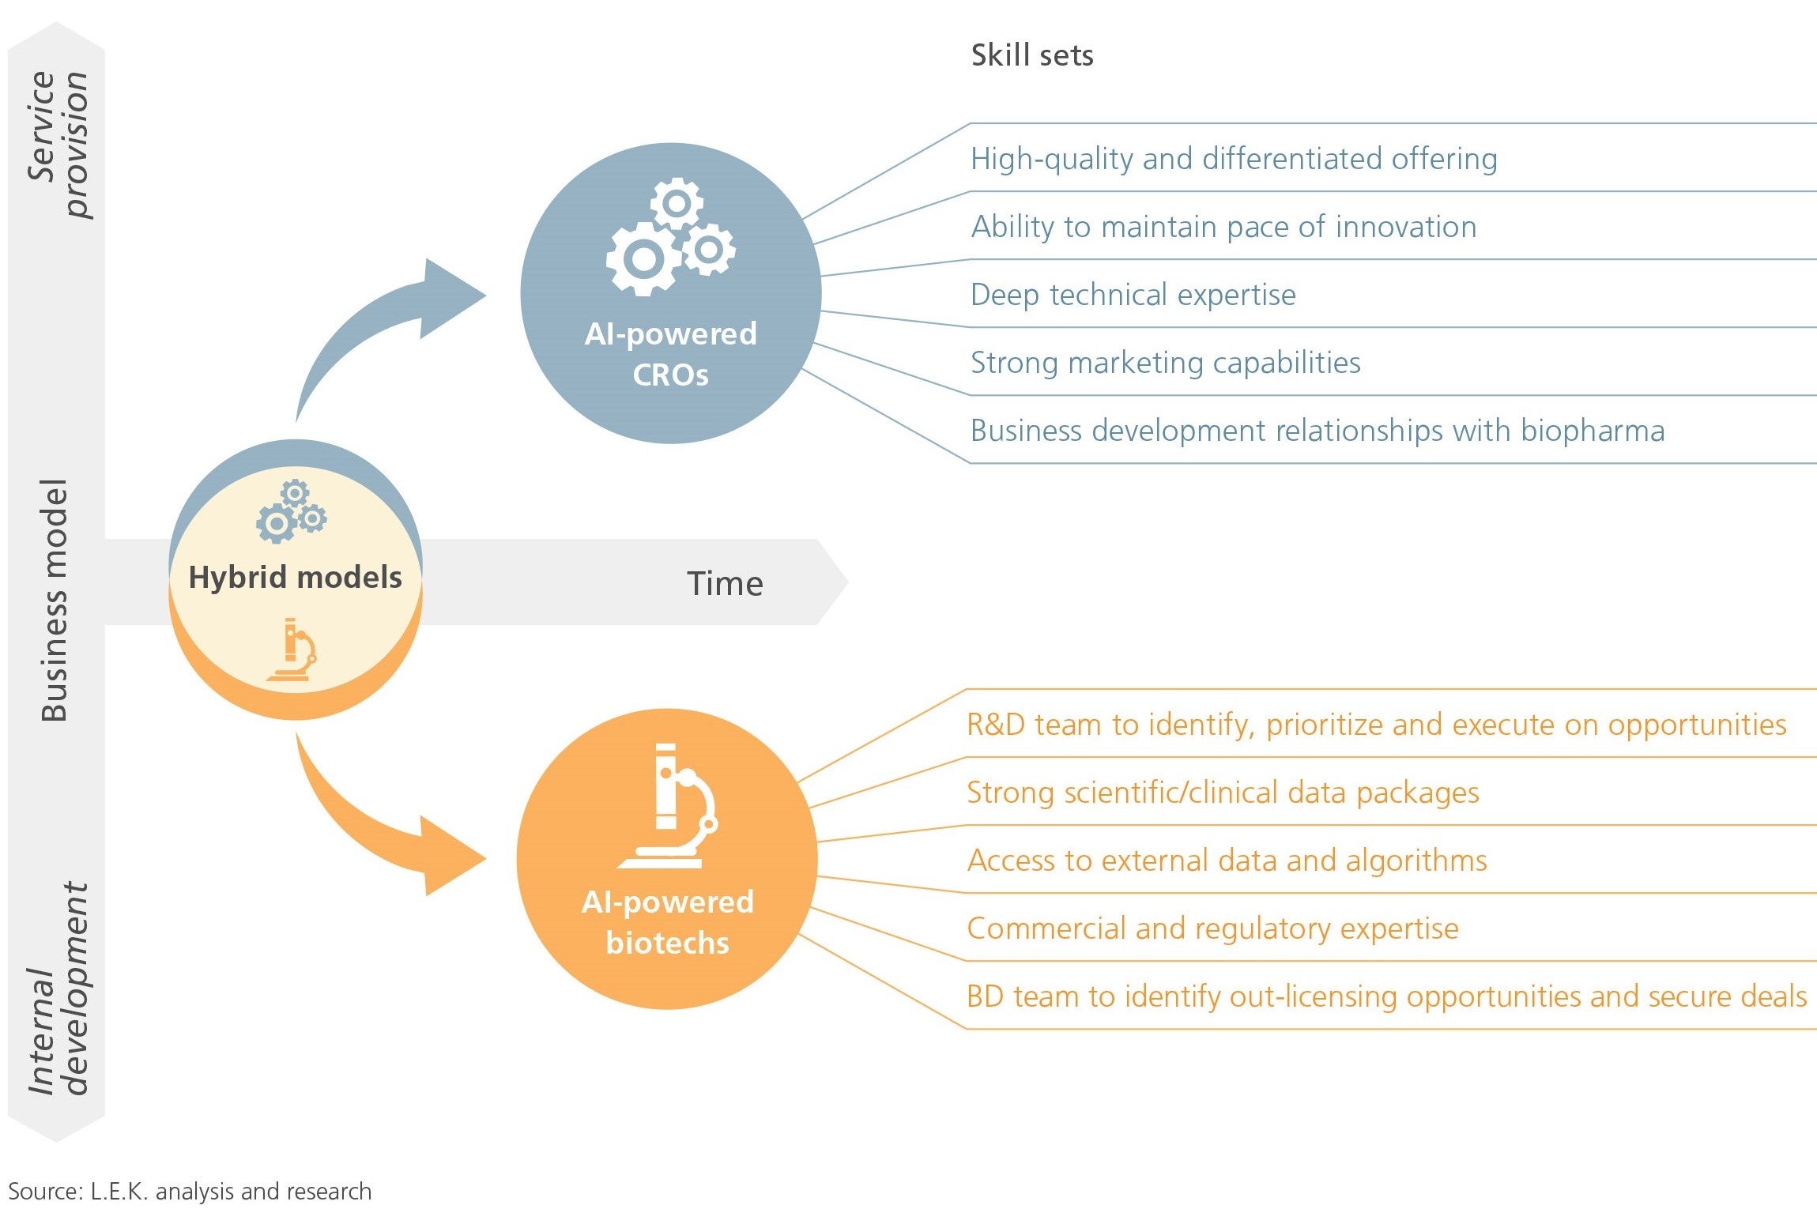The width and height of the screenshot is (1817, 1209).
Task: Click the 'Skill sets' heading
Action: [1032, 55]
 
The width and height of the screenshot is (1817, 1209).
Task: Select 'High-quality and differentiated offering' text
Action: [1234, 159]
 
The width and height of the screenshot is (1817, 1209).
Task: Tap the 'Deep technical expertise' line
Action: [1133, 295]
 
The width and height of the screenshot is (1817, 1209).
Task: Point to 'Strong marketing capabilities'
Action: [1166, 363]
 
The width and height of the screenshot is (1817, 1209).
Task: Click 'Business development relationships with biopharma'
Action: [1318, 431]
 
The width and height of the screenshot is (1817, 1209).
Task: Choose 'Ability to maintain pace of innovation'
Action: [1224, 227]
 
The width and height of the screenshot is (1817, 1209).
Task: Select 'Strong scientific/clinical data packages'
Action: [1223, 793]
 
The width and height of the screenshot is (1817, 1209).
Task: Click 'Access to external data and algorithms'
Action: [1227, 861]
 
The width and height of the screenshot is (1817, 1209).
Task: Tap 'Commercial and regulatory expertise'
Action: [1212, 928]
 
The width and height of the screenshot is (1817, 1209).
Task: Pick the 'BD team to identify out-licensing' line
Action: [1386, 996]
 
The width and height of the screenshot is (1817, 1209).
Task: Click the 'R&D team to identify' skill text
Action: [1376, 725]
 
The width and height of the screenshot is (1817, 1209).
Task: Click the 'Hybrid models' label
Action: [295, 578]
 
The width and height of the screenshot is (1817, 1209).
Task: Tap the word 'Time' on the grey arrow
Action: [725, 583]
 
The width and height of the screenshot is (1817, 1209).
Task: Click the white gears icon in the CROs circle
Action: [670, 237]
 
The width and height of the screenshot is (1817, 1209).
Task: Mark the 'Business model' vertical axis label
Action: [54, 600]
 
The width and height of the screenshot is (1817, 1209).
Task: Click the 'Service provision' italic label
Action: [58, 145]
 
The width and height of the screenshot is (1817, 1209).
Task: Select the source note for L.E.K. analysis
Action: [190, 1191]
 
